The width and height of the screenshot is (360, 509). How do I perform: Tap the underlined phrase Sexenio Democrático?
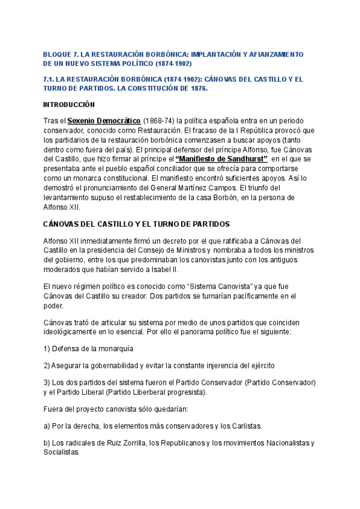(x=104, y=121)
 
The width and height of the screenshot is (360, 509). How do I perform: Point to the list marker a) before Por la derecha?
(x=47, y=426)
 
